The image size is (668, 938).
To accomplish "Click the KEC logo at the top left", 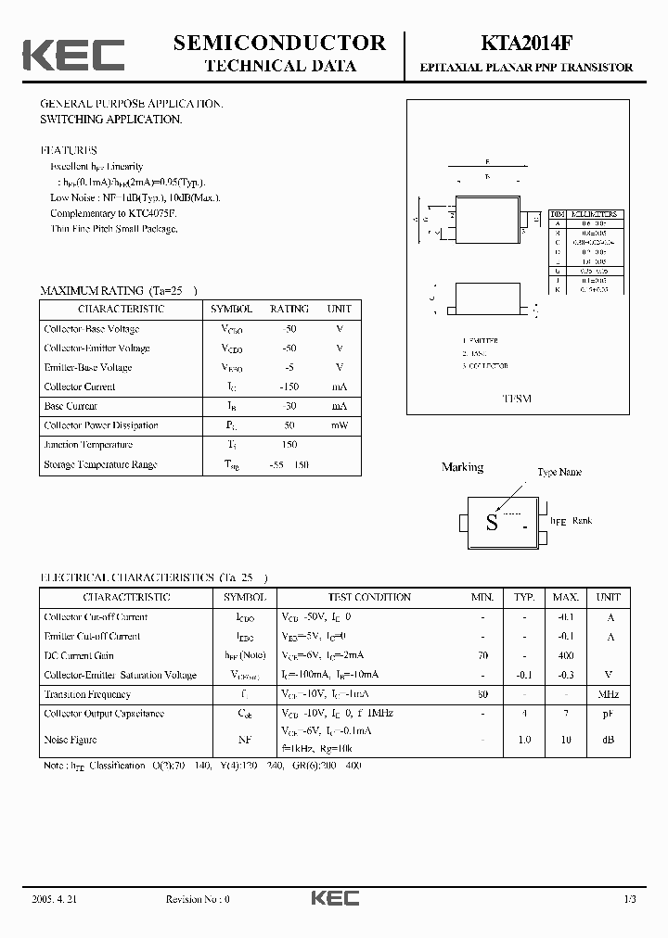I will point(73,55).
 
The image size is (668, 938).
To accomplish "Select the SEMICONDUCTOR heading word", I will point(279,43).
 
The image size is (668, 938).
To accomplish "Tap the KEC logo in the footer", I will point(334,898).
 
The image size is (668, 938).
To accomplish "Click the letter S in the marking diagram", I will point(492,523).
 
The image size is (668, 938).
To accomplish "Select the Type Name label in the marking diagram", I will point(559,473).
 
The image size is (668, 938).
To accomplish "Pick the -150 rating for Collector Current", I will point(289,387).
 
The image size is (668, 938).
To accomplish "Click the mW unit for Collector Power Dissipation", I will point(339,426).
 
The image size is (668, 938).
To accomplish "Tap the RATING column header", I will point(289,310).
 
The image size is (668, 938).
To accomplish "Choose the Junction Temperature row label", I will point(88,446).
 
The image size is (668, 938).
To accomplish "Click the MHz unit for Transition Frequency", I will point(608,695).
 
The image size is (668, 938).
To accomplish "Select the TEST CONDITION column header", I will point(369,598).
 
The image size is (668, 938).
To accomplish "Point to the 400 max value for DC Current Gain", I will point(565,656).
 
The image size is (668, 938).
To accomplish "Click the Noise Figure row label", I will point(71,740).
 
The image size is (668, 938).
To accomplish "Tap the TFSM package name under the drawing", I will point(517,399).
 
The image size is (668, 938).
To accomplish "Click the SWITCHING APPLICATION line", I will point(110,120).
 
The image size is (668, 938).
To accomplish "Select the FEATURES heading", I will point(69,150).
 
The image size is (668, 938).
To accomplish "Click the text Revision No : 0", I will point(197,899).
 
